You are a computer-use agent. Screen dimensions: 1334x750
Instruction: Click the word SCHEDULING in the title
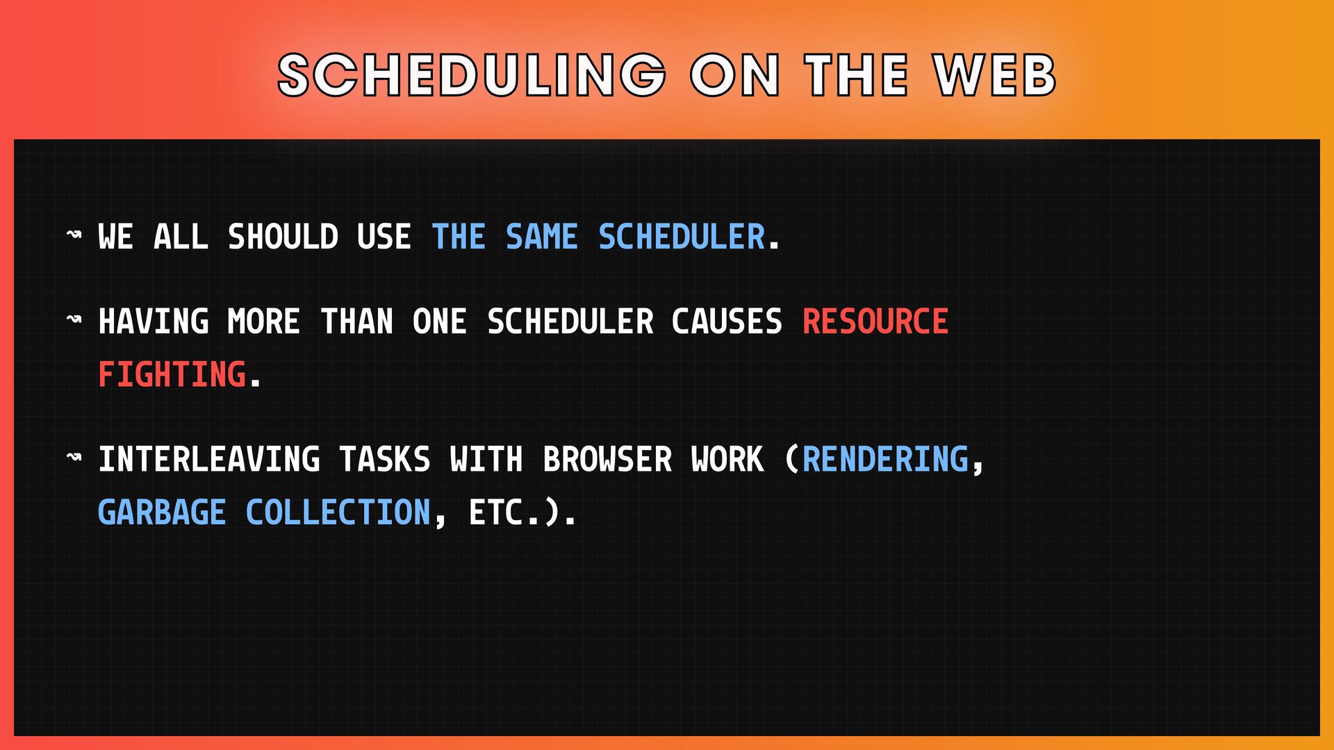point(472,75)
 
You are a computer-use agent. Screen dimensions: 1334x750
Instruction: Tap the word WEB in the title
point(996,75)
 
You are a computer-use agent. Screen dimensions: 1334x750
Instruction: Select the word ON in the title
point(735,75)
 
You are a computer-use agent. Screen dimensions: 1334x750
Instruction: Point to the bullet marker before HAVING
point(74,319)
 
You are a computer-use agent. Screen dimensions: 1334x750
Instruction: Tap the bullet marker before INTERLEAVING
point(74,457)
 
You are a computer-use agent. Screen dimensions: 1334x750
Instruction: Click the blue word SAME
point(542,237)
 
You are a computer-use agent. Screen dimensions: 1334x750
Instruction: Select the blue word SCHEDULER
point(682,237)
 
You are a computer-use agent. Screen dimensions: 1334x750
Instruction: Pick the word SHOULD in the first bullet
point(283,237)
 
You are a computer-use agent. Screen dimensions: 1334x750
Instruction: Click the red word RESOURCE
point(875,322)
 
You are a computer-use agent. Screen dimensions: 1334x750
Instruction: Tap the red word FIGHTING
point(172,374)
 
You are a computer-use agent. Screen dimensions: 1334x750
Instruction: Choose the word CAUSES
point(727,322)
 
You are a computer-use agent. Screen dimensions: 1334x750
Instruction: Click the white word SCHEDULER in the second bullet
point(570,322)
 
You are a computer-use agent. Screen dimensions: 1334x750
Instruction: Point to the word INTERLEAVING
point(209,460)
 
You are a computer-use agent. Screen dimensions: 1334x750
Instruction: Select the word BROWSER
point(608,460)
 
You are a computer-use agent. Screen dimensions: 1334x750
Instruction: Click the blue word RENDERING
point(886,460)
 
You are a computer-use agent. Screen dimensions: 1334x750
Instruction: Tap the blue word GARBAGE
point(162,512)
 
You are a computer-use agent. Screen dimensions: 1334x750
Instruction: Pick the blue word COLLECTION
point(338,512)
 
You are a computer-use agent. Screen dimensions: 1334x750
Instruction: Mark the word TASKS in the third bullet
point(385,460)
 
